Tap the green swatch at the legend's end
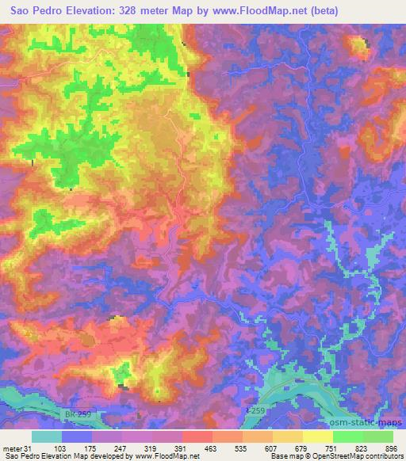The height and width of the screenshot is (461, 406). coord(378,436)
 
